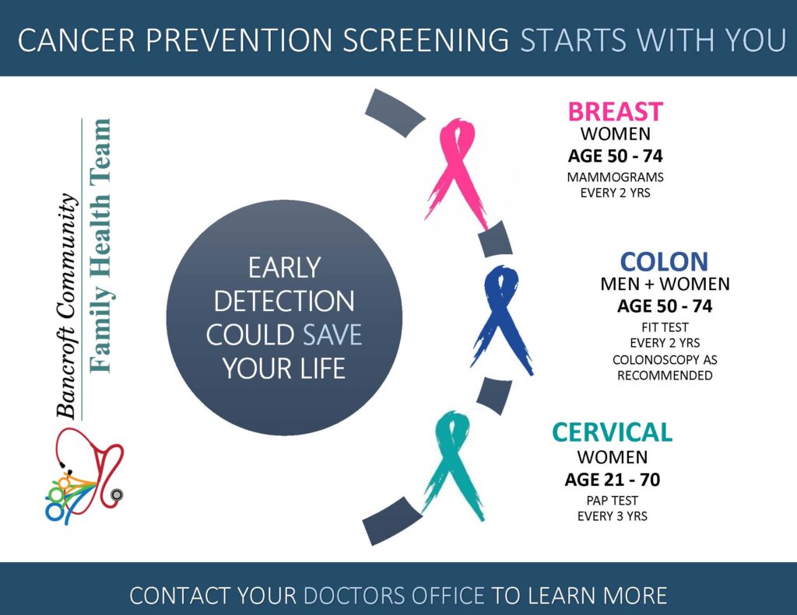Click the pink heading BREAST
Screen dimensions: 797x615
pyautogui.click(x=615, y=112)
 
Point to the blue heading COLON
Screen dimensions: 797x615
pyautogui.click(x=664, y=262)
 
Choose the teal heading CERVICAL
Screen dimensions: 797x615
pyautogui.click(x=612, y=433)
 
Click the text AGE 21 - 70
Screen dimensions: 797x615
pyautogui.click(x=612, y=480)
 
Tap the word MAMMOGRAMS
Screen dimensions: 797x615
pyautogui.click(x=615, y=177)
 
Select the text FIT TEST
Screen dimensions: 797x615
pyautogui.click(x=665, y=327)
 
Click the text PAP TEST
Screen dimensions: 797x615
pyautogui.click(x=612, y=501)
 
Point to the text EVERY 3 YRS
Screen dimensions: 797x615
pyautogui.click(x=612, y=516)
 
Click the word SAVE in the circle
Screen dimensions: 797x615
pyautogui.click(x=332, y=335)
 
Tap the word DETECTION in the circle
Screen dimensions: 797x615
pyautogui.click(x=284, y=302)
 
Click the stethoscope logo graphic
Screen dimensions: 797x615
pyautogui.click(x=84, y=475)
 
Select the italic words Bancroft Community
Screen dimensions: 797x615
pyautogui.click(x=67, y=306)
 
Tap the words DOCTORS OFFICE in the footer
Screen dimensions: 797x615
pyautogui.click(x=394, y=596)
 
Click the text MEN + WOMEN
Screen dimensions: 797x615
pyautogui.click(x=665, y=284)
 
